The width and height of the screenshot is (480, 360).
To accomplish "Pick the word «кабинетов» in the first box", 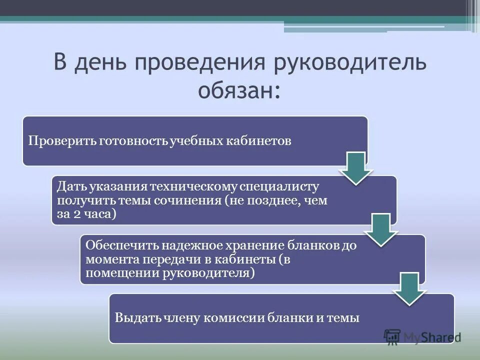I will [x=260, y=141].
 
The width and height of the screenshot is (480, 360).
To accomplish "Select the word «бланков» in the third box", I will [x=316, y=245].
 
